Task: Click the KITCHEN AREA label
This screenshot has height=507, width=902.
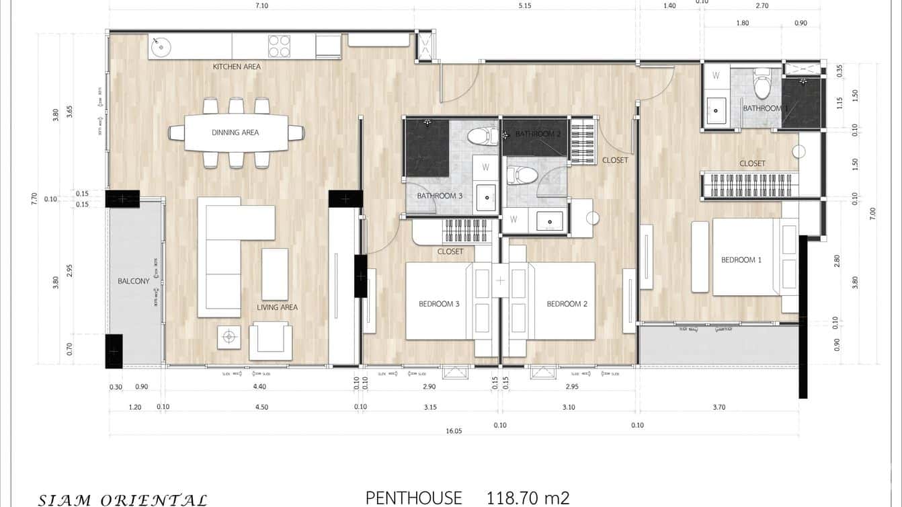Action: [237, 67]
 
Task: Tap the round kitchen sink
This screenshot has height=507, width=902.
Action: [160, 47]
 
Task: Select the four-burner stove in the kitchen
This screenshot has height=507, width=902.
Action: [279, 46]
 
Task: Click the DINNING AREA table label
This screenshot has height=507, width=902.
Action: [235, 132]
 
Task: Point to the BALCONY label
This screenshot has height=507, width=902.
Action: [134, 281]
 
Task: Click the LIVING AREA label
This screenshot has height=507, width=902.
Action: [277, 307]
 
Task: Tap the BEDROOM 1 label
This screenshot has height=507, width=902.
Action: [741, 260]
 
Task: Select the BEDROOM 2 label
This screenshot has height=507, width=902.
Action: [567, 304]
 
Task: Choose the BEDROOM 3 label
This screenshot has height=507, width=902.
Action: [439, 304]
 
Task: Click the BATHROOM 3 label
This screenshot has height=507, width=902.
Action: [440, 196]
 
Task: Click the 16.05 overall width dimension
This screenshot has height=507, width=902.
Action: [454, 431]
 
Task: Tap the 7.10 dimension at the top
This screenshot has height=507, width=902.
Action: [261, 6]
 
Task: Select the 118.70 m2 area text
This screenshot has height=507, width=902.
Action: [528, 498]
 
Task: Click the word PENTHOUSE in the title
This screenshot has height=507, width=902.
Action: [414, 498]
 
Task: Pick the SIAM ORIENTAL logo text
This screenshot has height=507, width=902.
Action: [122, 500]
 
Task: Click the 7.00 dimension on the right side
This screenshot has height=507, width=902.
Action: [872, 213]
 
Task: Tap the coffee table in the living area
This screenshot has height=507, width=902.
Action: [274, 274]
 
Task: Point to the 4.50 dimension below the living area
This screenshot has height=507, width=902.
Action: [261, 407]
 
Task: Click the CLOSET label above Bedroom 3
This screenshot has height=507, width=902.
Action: [450, 251]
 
